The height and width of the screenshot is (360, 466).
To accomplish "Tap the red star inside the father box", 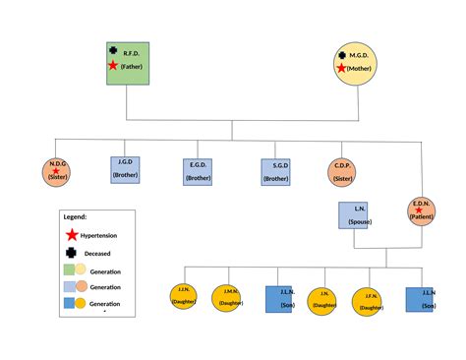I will point(114,66).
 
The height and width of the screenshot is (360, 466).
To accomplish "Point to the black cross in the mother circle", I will point(341,56).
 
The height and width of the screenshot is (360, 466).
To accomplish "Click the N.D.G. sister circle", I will point(57,171).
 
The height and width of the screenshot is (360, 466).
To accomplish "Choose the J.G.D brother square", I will point(125,169).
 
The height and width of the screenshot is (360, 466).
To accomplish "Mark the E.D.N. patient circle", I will point(421,210).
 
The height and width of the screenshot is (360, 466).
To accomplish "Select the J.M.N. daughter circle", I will point(229,298).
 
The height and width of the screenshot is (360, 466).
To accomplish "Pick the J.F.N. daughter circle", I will point(369,299).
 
